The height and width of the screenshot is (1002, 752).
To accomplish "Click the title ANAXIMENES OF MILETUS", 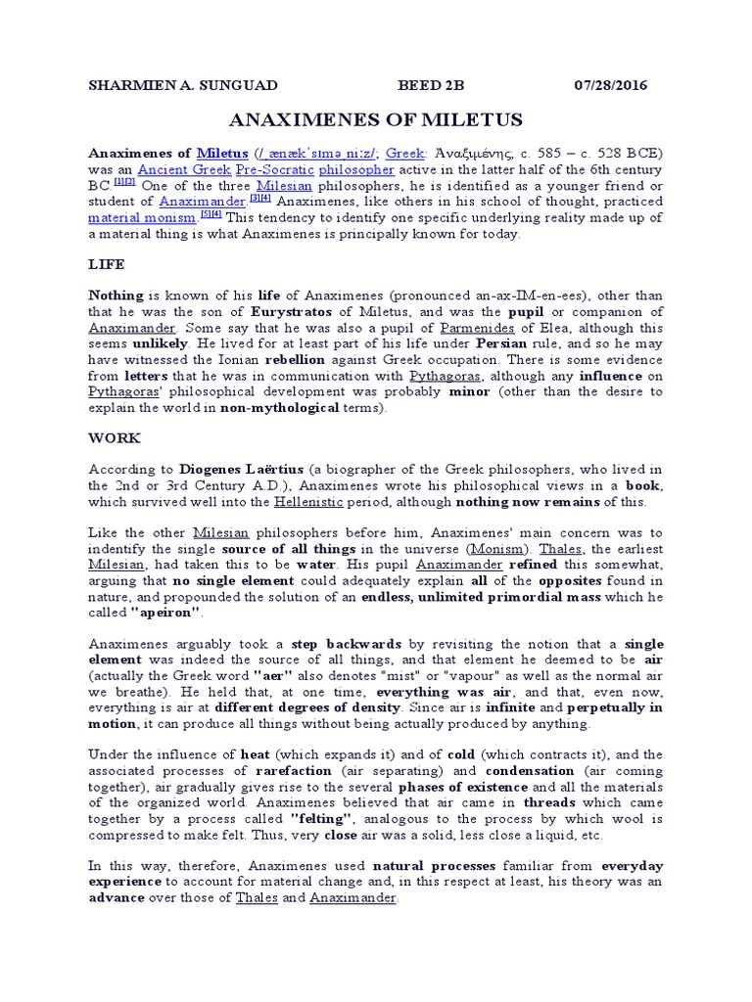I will coord(375,120).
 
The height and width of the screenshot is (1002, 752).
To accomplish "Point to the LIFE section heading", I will coord(106,264).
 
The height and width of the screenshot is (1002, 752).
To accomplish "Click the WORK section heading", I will coord(114,437).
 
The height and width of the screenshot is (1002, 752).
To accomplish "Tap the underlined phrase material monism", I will coord(142,218).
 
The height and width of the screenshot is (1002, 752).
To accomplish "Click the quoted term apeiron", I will coord(164,613).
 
